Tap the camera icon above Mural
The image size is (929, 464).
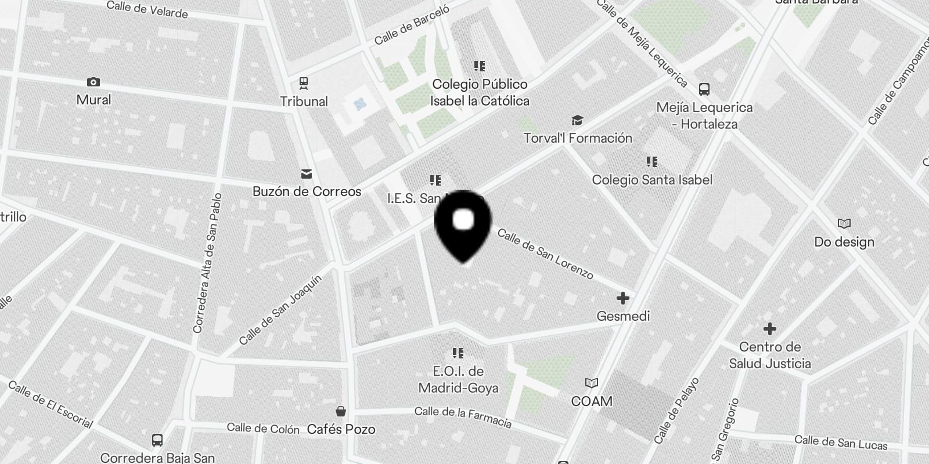tap(93, 82)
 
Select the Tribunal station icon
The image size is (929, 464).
tap(303, 83)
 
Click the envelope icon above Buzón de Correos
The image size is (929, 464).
tap(307, 173)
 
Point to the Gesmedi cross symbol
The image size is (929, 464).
tap(622, 298)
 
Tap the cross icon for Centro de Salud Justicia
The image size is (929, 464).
tap(770, 329)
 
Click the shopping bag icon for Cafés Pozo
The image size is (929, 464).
tap(341, 411)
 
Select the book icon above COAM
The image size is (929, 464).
tap(591, 383)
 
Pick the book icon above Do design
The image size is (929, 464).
tap(844, 223)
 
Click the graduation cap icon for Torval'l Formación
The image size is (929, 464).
tap(577, 120)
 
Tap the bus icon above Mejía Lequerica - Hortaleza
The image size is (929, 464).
tap(704, 89)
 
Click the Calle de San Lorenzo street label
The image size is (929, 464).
tap(545, 253)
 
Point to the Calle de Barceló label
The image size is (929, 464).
tap(412, 26)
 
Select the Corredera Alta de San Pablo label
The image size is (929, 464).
tap(207, 263)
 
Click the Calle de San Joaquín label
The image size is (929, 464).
tap(280, 310)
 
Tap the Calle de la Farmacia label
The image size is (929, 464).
tap(463, 416)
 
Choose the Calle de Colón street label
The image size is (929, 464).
tap(263, 429)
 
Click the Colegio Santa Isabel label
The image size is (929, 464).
tap(652, 180)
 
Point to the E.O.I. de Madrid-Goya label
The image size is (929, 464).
tap(458, 379)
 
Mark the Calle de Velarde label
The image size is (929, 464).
tap(147, 10)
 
